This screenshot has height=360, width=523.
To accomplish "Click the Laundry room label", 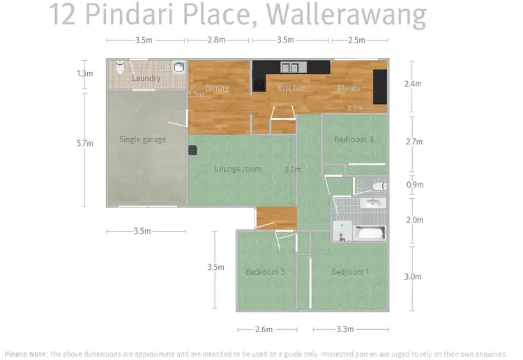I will tap(146, 78).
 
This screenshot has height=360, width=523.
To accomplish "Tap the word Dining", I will tap(217, 88).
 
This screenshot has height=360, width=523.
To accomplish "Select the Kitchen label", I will tap(291, 88).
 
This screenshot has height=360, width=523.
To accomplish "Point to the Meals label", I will tap(349, 88).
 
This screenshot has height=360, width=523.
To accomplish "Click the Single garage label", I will tap(142, 140).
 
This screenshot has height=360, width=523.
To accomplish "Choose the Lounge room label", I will tap(238, 169).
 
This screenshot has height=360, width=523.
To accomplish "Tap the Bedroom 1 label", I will tap(350, 271).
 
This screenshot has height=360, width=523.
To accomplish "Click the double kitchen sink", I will tap(290, 68).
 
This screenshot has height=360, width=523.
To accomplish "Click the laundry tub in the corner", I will tap(179, 68).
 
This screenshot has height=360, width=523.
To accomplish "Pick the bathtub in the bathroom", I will tap(369, 233).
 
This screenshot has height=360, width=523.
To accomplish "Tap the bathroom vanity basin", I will tap(374, 202).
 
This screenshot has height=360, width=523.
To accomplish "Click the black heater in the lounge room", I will tap(193, 149).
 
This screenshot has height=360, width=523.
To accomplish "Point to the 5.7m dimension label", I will tap(85, 144).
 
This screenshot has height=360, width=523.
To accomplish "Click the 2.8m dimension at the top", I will tap(217, 40).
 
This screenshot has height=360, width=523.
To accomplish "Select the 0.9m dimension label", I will tap(414, 186).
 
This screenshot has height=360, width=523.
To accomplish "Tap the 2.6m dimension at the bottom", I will tap(264, 329).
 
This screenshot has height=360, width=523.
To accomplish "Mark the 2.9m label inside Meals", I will tap(355, 107).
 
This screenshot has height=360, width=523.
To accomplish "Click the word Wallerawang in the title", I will tap(357, 15).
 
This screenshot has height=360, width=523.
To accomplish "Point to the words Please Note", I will tap(26, 354).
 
